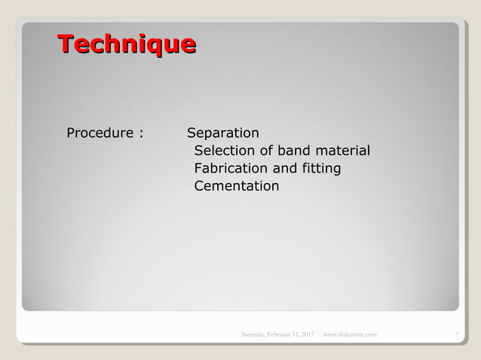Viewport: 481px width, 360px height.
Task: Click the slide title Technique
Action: point(127,44)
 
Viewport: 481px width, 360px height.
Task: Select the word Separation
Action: point(222,133)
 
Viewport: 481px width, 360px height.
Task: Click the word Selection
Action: point(224,151)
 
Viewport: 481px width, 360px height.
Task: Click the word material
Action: point(343,151)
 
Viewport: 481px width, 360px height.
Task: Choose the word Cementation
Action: point(236,185)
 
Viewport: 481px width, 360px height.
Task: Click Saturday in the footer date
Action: point(254,334)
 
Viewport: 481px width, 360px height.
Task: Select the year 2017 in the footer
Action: point(307,334)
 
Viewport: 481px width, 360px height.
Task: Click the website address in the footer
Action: point(350,334)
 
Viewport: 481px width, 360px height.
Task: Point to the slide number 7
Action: point(457,334)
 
